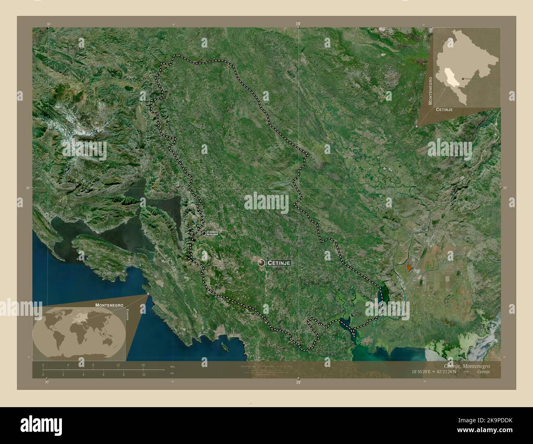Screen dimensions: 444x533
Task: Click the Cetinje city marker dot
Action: [261, 263]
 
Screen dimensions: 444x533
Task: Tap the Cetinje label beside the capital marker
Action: [279, 263]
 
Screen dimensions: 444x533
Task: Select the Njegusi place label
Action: [212, 233]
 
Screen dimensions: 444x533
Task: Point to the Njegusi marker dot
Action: [204, 233]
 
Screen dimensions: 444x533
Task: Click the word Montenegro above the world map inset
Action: [109, 305]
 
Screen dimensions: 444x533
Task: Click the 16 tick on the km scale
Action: [143, 365]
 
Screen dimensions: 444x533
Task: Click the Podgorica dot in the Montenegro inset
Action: [463, 78]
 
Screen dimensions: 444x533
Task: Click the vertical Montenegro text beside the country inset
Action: [430, 90]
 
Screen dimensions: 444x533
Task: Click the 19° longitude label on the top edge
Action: [298, 24]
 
